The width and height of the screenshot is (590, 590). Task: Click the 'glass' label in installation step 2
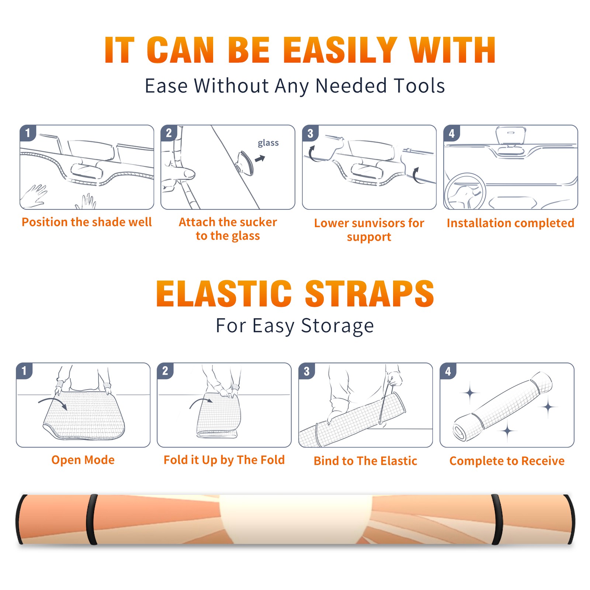[268, 143]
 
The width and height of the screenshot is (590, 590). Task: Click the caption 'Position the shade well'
[87, 222]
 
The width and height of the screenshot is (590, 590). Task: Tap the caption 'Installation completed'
[510, 223]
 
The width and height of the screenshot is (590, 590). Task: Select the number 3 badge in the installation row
[310, 133]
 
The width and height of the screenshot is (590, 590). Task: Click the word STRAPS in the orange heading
[369, 294]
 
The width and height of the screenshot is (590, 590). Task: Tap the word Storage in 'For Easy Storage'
[337, 326]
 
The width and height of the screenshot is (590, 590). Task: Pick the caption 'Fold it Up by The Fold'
[224, 460]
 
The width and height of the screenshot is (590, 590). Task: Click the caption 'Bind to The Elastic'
[365, 461]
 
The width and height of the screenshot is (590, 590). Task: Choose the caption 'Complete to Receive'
[507, 461]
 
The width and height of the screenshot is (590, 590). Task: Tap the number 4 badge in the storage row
[448, 371]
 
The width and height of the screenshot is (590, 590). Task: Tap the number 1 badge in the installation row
[28, 133]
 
